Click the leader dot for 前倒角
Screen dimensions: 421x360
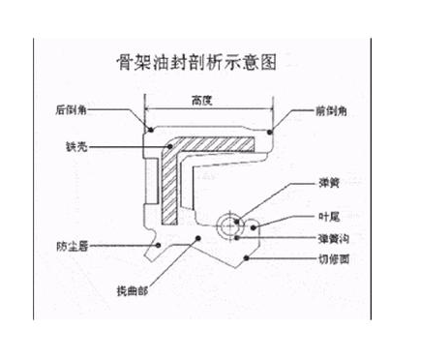point(271,129)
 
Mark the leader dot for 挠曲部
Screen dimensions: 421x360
point(196,234)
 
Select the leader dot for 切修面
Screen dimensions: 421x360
point(250,259)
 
